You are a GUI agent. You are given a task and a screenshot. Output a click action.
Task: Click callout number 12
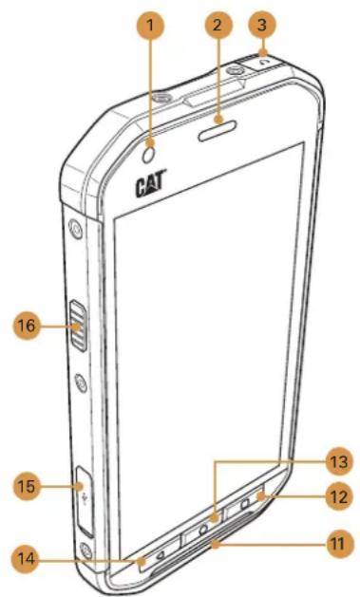333,496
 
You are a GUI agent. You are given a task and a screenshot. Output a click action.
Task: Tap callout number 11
333,544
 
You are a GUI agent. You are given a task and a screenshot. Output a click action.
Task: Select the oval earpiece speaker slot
219,121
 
